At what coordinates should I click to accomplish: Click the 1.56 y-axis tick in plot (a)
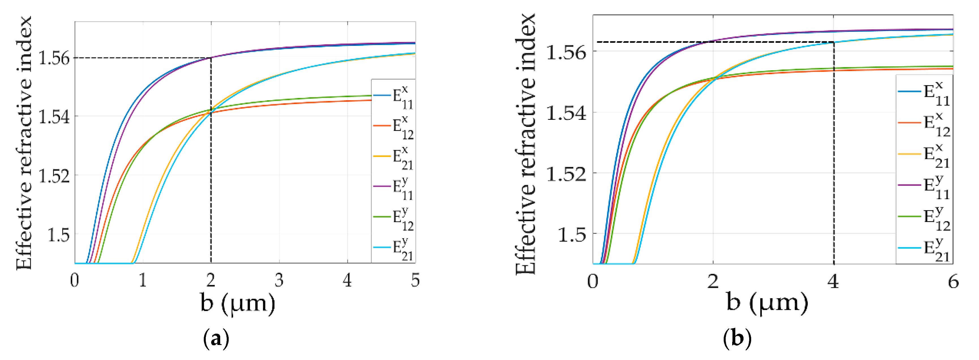[54, 58]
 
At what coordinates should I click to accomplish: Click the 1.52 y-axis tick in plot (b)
[566, 173]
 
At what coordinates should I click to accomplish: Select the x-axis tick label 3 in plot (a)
[279, 280]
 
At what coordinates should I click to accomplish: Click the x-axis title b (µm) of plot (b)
[767, 303]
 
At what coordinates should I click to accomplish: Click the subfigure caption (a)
[216, 338]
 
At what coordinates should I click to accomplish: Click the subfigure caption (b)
[737, 338]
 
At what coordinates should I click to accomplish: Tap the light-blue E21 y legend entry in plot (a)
[393, 248]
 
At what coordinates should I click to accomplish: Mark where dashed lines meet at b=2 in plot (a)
[211, 58]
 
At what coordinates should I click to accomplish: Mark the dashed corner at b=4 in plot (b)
[834, 42]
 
